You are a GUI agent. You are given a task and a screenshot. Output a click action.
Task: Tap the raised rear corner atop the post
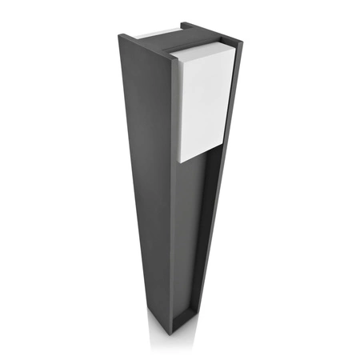pyautogui.click(x=182, y=25)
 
